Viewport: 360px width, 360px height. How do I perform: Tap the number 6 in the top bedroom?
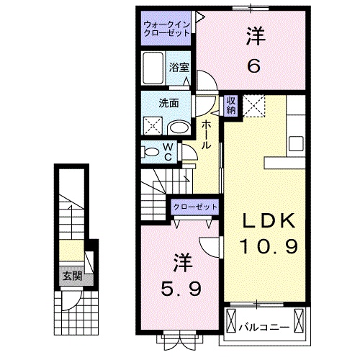[253, 66]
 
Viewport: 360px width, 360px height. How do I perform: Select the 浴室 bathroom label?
[179, 67]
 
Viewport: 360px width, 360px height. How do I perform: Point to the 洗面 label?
[169, 103]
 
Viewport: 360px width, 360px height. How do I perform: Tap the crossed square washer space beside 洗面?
[153, 126]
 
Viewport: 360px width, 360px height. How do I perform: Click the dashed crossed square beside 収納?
[253, 105]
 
